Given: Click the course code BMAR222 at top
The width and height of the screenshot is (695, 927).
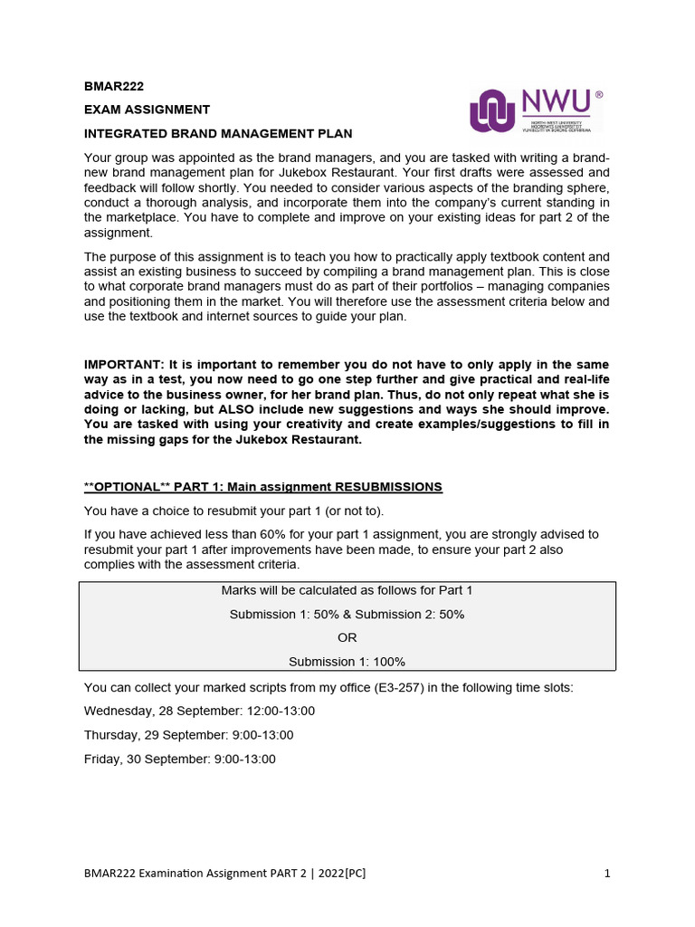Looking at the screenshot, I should click(113, 86).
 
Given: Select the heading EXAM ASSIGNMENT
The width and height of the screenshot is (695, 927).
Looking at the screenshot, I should click(147, 110).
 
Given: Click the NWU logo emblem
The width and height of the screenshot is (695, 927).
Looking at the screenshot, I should click(493, 110).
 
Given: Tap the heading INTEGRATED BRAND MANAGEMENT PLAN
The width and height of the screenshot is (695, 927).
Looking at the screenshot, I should click(218, 133).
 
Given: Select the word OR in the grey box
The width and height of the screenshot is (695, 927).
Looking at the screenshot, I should click(347, 637).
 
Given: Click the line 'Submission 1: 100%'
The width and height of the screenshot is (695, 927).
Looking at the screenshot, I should click(347, 661).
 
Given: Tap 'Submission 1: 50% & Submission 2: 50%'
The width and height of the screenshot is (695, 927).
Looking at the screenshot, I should click(347, 614).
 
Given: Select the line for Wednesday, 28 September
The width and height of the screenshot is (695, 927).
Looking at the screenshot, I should click(199, 712).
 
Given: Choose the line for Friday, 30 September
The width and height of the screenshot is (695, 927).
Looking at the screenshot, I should click(179, 759).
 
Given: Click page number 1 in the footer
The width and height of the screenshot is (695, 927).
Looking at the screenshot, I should click(607, 874).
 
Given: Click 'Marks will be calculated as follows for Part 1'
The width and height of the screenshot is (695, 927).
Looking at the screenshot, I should click(347, 590).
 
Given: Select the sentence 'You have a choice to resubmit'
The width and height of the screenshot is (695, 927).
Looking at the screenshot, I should click(233, 511).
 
